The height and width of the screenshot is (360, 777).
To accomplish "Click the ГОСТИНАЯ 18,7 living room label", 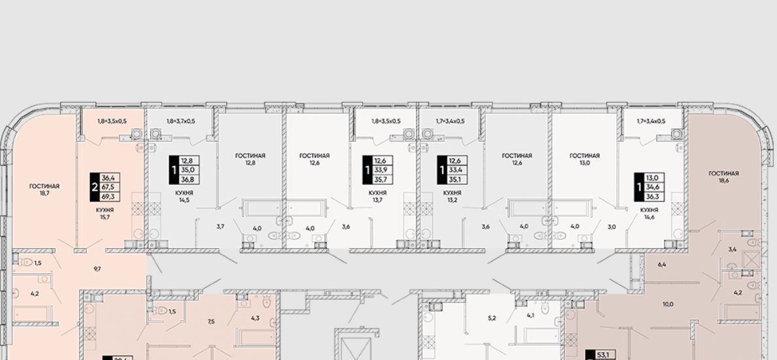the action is coord(44,189).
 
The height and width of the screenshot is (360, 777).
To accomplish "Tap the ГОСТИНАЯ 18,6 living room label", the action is coord(723,177).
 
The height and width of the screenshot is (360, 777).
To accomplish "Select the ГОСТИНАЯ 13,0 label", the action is coord(585,159).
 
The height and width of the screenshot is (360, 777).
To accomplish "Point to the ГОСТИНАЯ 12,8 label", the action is coord(250,159).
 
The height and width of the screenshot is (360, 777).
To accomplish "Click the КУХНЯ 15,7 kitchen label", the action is coord(105,213).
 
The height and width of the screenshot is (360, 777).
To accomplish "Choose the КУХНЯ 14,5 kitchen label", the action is coord(184,197).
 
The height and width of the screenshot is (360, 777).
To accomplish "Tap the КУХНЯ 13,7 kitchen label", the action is coord(377,197).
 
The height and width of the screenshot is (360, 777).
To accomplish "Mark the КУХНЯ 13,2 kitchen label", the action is coord(452,197).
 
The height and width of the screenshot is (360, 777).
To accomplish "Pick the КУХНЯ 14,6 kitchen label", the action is coord(649,213).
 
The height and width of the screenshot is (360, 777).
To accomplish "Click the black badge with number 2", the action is coord(94,187).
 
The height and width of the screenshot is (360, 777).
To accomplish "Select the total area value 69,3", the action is coord(110,197).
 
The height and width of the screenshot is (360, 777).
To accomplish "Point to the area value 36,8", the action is coord(188,180).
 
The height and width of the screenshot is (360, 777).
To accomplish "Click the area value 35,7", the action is coord(382,180).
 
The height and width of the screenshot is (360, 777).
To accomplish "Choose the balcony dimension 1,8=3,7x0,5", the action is coord(181,121).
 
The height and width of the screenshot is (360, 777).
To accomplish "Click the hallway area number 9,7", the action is coord(97,269).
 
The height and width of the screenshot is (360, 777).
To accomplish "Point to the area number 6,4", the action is coord(662,265).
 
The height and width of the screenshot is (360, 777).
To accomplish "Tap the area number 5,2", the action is coord(492,318).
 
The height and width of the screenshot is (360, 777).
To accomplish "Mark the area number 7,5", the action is coord(211,321).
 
